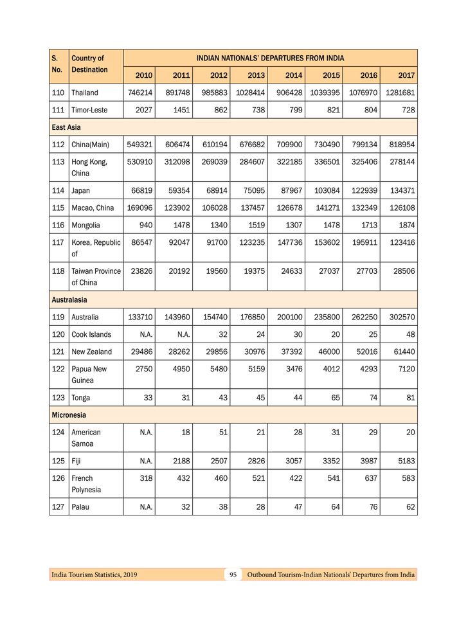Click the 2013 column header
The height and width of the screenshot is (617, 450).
(x=256, y=76)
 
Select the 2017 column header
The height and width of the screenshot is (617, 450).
(x=406, y=76)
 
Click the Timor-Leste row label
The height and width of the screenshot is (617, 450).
(x=89, y=110)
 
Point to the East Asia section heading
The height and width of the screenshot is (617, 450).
(x=66, y=127)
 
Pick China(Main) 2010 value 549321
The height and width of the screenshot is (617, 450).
(x=139, y=145)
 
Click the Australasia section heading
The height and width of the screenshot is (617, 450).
(x=69, y=300)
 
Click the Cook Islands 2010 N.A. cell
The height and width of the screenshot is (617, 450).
(x=142, y=334)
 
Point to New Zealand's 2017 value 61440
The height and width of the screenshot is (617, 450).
(x=403, y=352)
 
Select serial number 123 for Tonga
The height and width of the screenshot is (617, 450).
(x=59, y=397)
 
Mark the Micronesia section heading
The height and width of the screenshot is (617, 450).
(x=69, y=415)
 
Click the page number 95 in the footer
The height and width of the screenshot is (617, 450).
(x=233, y=575)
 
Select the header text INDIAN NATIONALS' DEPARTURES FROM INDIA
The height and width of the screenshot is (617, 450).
(x=270, y=58)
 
